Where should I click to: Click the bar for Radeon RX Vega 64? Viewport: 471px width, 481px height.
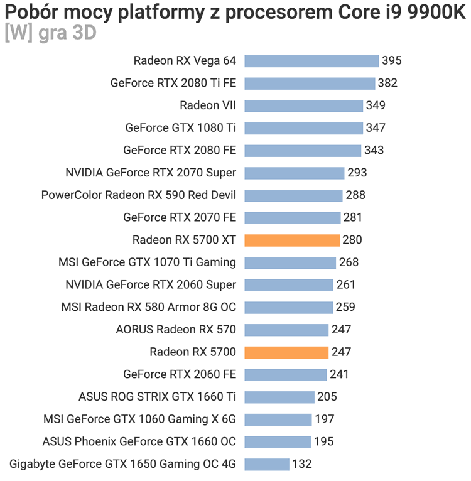point(311,61)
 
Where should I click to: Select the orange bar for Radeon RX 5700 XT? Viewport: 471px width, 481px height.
point(292,240)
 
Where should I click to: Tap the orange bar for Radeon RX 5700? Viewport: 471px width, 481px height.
point(286,352)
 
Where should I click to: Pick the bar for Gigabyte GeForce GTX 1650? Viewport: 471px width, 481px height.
point(267,464)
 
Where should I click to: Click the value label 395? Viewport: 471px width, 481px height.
point(391,61)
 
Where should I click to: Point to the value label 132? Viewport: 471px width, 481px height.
point(302,464)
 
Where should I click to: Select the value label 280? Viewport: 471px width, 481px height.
point(352,240)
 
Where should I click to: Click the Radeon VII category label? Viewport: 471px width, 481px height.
point(208,105)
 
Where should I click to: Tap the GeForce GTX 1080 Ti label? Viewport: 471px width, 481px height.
point(181,128)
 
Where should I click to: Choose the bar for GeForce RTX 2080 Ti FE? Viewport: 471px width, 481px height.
point(310,83)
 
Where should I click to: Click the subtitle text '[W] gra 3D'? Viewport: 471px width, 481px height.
point(50,33)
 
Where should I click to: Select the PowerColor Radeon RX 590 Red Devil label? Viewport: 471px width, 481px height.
point(139,195)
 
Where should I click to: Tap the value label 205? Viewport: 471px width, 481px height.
point(327,397)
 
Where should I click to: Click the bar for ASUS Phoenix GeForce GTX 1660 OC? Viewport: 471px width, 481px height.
point(278,441)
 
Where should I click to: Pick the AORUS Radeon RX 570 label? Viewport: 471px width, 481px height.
point(176,330)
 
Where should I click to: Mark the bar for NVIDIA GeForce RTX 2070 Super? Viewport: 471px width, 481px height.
point(295,173)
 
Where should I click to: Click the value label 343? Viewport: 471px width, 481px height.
point(374,150)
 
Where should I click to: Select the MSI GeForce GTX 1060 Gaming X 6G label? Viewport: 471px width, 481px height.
point(139,419)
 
